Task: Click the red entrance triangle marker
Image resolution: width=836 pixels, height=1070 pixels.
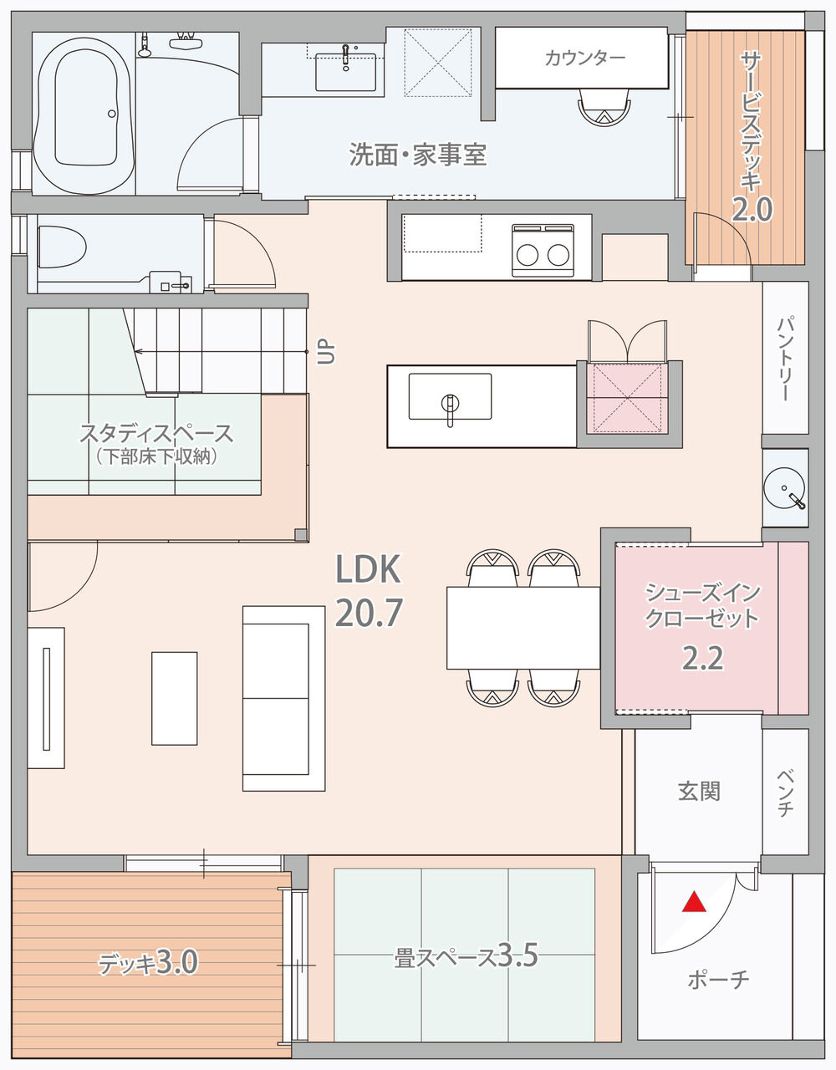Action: click(x=694, y=901)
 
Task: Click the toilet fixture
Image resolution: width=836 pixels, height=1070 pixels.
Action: click(x=62, y=247)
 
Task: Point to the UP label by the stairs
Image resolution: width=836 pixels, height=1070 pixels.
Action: click(x=326, y=352)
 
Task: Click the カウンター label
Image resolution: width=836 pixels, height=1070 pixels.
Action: click(x=585, y=59)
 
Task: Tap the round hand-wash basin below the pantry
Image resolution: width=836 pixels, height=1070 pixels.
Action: click(x=785, y=487)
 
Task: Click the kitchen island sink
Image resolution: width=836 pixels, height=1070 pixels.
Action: click(x=450, y=396)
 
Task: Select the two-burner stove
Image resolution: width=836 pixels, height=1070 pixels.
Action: click(x=543, y=251)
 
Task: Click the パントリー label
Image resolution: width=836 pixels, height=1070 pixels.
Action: click(x=786, y=359)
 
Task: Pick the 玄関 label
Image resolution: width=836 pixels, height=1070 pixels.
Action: click(x=699, y=792)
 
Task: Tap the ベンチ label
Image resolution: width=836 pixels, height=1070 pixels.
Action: click(x=786, y=792)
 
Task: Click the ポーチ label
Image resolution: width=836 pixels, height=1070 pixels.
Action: click(x=718, y=979)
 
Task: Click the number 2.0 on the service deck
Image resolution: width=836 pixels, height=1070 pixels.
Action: click(x=752, y=210)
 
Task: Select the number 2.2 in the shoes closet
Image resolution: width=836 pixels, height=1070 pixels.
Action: click(x=702, y=659)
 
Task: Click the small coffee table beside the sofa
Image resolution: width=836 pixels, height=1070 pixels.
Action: click(x=174, y=698)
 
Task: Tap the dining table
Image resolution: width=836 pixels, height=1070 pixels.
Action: click(x=523, y=628)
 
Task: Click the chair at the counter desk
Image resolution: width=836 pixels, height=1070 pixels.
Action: click(x=604, y=107)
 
